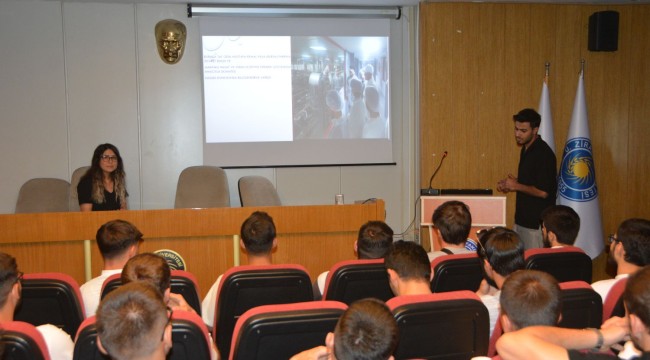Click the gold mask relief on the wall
pos(170,40)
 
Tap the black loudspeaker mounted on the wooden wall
pos(602,31)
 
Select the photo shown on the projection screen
pos(340,87)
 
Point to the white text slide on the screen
pos(246,89)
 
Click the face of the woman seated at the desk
pos(107,160)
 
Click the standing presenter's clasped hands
pos(509,184)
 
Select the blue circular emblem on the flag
pos(577,169)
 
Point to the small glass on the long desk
pos(339,198)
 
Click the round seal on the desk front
pos(171,259)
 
